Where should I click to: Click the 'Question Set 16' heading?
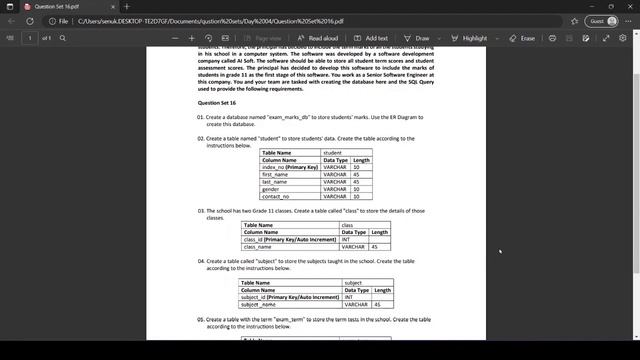point(216,103)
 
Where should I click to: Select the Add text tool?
point(372,38)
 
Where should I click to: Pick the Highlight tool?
point(470,38)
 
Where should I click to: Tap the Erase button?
point(522,38)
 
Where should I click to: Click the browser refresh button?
point(31,21)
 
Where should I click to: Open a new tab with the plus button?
point(127,6)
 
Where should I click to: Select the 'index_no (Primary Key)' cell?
point(290,167)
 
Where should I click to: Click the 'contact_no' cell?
point(275,197)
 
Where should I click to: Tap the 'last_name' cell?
point(275,182)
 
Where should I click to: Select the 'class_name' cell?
point(258,246)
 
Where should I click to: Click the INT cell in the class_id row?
point(346,239)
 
